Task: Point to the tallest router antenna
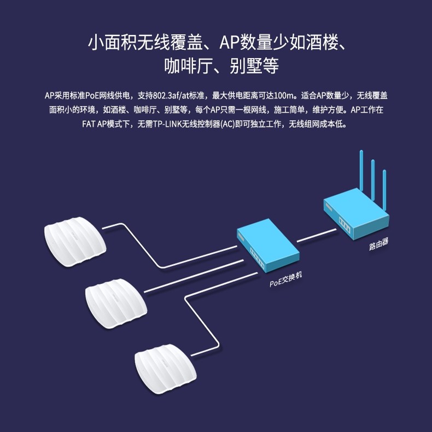[361, 170]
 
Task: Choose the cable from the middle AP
[191, 276]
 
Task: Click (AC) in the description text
[228, 124]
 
